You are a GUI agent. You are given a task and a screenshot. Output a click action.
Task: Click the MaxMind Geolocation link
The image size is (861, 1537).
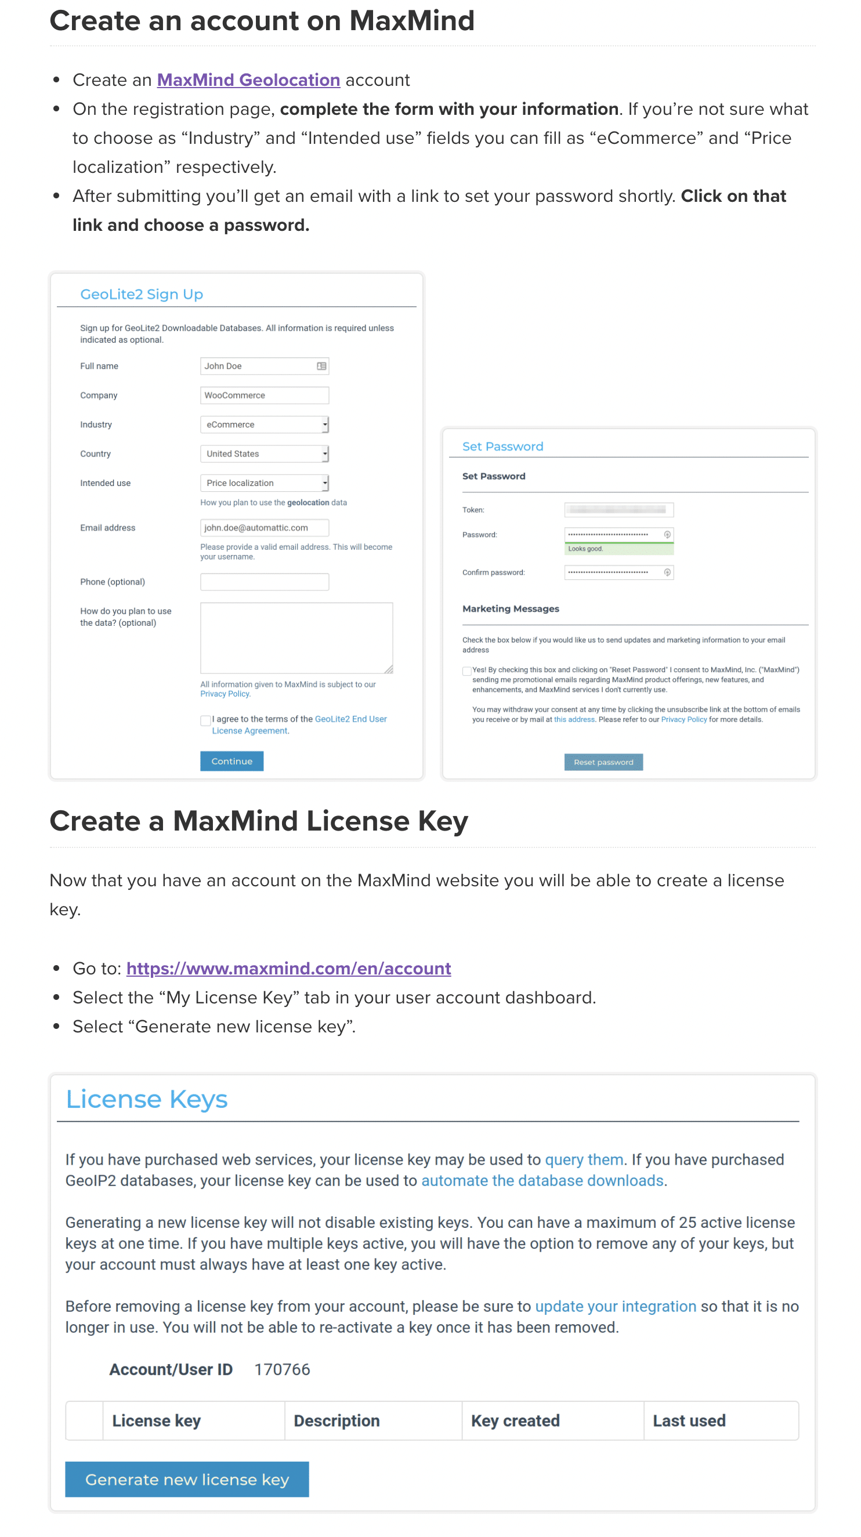248,80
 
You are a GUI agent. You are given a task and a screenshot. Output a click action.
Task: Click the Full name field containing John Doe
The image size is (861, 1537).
259,366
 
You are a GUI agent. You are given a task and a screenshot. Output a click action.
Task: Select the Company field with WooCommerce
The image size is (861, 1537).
264,395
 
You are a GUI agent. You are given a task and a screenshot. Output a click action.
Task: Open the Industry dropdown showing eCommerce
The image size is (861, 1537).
264,424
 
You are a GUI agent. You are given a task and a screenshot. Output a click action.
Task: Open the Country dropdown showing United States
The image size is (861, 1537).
264,454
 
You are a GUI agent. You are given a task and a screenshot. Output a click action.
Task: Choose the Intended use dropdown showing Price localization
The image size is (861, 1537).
264,483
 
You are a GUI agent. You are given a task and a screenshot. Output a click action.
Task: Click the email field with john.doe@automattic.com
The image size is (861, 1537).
264,527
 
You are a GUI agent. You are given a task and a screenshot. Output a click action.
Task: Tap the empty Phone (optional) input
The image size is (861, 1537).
264,582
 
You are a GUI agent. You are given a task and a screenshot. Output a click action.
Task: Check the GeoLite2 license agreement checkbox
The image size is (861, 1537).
205,720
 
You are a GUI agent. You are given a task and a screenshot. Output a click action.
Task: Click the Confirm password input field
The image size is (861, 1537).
613,572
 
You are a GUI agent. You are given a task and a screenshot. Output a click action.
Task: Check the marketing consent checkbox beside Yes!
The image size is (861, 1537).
466,670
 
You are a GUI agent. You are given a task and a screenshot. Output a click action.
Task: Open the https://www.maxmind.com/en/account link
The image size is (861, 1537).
288,969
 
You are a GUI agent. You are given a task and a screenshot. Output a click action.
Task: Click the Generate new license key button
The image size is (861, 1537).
187,1479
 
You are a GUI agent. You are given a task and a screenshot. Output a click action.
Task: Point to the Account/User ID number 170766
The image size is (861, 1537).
282,1369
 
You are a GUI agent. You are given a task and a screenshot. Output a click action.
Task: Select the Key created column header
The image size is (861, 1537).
515,1420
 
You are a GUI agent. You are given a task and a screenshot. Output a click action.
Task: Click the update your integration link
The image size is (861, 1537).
615,1306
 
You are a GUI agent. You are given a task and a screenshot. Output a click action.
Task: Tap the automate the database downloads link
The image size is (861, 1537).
542,1180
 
